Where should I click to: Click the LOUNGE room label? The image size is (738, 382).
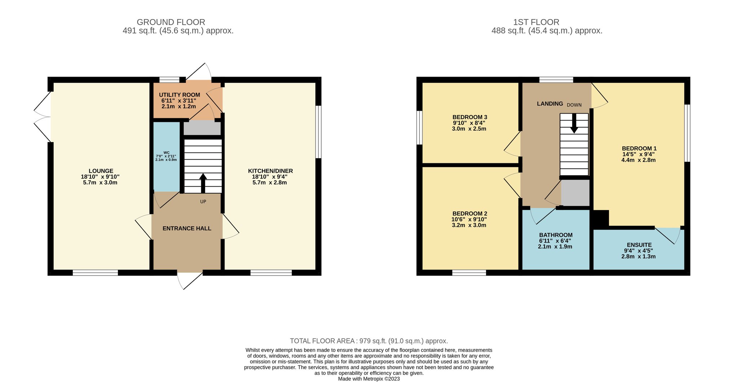click(x=101, y=171)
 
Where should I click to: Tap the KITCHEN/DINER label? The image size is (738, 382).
click(x=270, y=171)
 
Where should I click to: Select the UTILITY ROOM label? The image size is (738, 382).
click(x=179, y=95)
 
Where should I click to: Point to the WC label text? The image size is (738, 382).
click(x=166, y=153)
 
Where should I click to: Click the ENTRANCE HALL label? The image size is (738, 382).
click(x=187, y=228)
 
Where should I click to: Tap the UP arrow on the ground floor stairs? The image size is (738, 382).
click(x=203, y=183)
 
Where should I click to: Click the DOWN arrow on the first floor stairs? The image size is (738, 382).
click(x=574, y=123)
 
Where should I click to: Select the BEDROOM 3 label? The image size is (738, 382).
click(x=470, y=117)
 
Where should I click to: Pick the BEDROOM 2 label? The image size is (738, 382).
click(x=470, y=214)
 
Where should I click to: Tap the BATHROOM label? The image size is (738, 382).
click(x=556, y=235)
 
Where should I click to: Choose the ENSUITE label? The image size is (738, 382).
click(x=639, y=245)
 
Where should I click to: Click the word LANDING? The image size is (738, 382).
click(x=550, y=104)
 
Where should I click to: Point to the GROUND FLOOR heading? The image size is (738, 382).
click(x=171, y=22)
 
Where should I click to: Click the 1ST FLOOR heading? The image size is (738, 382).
click(x=536, y=22)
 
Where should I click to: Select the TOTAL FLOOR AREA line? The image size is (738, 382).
click(x=369, y=341)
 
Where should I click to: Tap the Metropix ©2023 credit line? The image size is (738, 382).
click(x=369, y=379)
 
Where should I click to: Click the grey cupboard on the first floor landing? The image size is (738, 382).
click(x=575, y=193)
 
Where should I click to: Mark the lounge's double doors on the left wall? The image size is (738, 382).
click(x=43, y=117)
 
